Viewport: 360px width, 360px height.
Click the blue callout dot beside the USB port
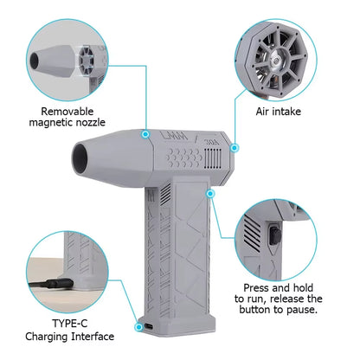138,328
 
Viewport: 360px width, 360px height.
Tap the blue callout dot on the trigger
210,195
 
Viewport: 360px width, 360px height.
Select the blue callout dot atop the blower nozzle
141,134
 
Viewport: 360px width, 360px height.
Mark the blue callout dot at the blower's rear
233,147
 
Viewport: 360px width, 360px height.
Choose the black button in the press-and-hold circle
275,236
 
